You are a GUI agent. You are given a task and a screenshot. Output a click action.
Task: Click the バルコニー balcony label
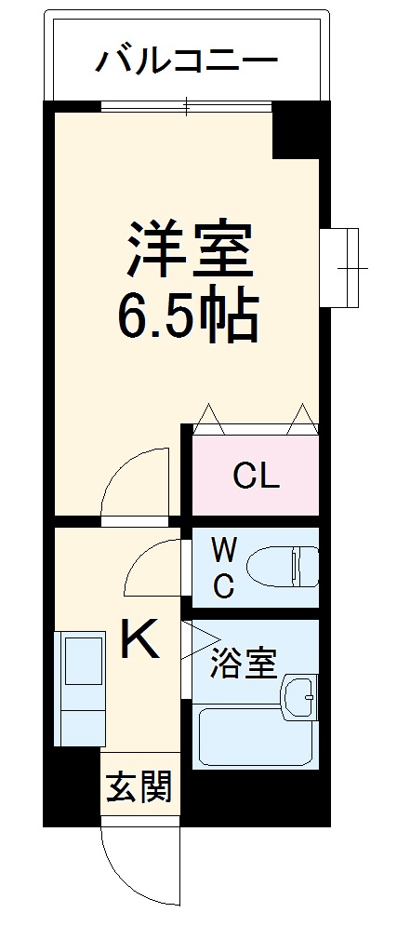(x=187, y=62)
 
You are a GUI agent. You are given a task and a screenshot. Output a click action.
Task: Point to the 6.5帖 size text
(x=187, y=319)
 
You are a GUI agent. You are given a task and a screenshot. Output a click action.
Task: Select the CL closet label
(x=256, y=476)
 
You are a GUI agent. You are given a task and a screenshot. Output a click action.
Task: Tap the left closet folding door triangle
(x=208, y=420)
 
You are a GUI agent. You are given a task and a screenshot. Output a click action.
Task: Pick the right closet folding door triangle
(x=302, y=420)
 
